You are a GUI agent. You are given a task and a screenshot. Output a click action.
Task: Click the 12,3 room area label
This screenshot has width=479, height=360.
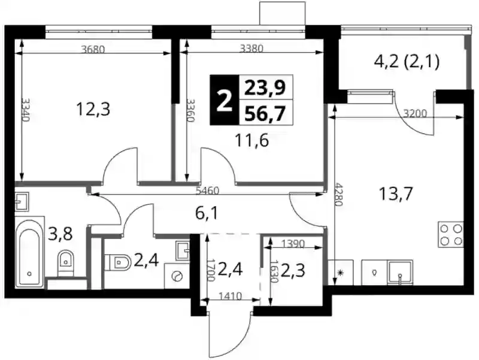93,109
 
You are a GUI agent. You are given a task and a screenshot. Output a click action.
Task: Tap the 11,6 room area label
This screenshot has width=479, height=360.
251,141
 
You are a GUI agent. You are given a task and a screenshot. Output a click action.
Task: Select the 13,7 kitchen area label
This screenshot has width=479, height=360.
396,193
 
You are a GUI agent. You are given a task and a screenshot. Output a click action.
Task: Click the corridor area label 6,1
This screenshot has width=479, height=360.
207,213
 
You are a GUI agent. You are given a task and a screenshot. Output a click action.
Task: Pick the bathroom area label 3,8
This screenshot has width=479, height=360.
60,234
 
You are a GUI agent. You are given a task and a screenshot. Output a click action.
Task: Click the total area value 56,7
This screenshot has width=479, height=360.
265,114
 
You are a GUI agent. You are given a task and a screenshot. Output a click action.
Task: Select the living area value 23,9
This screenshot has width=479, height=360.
265,87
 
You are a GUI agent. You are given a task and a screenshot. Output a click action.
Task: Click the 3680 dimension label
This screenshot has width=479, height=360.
93,49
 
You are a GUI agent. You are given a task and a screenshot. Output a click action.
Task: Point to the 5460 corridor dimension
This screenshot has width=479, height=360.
207,190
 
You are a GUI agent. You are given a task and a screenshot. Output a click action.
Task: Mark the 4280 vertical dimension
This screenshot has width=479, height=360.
338,194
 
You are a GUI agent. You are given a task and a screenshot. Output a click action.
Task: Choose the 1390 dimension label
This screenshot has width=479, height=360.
293,244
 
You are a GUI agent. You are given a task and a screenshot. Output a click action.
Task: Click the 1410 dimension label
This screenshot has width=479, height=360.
231,296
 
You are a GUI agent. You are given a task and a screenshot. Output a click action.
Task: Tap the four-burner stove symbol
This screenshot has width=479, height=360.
451,234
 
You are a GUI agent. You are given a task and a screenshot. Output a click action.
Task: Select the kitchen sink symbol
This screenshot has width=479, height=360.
400,273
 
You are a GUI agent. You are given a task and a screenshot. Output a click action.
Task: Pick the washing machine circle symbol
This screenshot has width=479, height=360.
177,276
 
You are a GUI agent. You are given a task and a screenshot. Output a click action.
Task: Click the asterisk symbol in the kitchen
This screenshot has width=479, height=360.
341,273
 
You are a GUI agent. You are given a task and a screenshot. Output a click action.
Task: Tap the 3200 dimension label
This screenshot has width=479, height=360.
415,114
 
